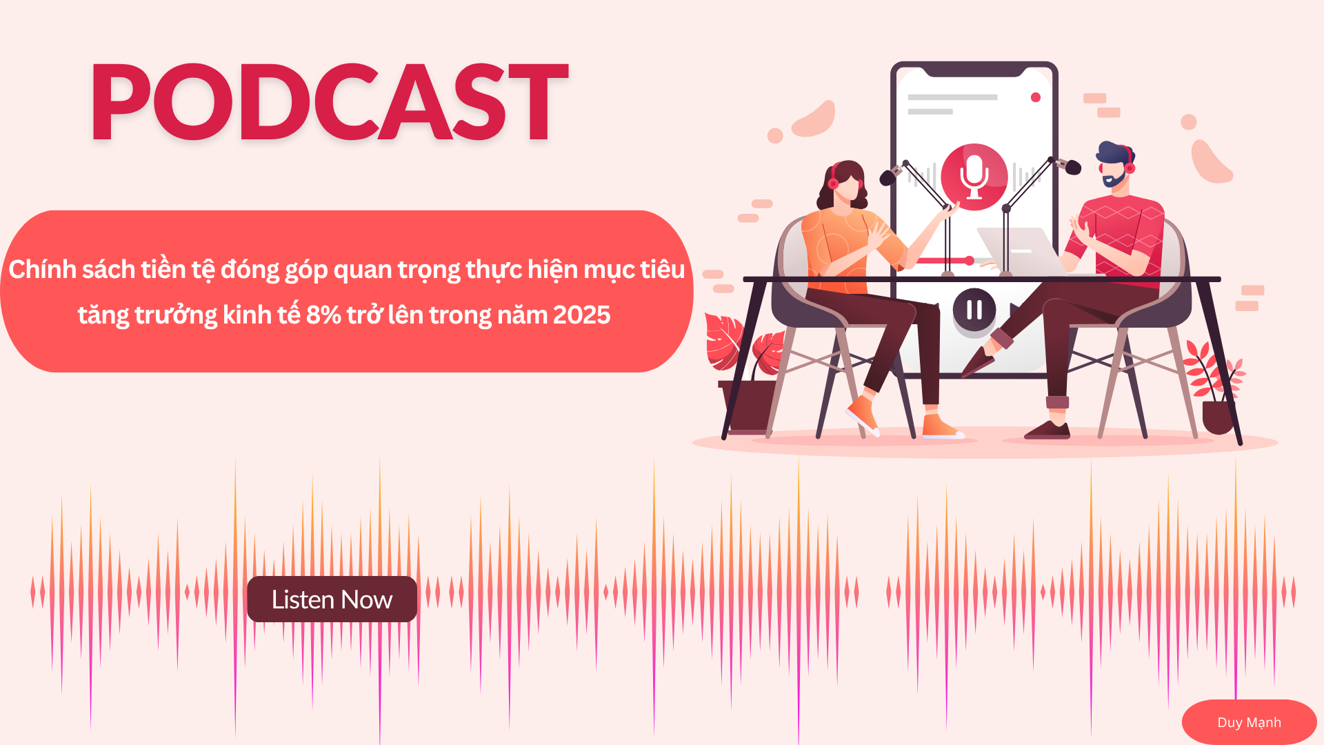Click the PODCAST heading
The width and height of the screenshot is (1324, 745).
pyautogui.click(x=330, y=102)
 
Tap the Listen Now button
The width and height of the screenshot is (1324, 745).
pyautogui.click(x=332, y=599)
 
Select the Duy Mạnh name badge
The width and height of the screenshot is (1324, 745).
pyautogui.click(x=1249, y=722)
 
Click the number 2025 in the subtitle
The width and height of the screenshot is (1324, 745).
pyautogui.click(x=581, y=315)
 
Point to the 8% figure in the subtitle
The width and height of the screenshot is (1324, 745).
pyautogui.click(x=323, y=315)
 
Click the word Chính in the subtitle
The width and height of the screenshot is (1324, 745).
pyautogui.click(x=43, y=270)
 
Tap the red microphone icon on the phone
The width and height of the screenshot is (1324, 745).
pyautogui.click(x=974, y=177)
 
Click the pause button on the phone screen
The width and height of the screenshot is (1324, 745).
pyautogui.click(x=974, y=310)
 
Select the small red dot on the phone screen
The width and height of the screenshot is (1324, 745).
pyautogui.click(x=1035, y=97)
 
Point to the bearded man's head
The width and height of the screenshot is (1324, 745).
pyautogui.click(x=1114, y=164)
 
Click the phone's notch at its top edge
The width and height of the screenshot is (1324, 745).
pyautogui.click(x=974, y=69)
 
